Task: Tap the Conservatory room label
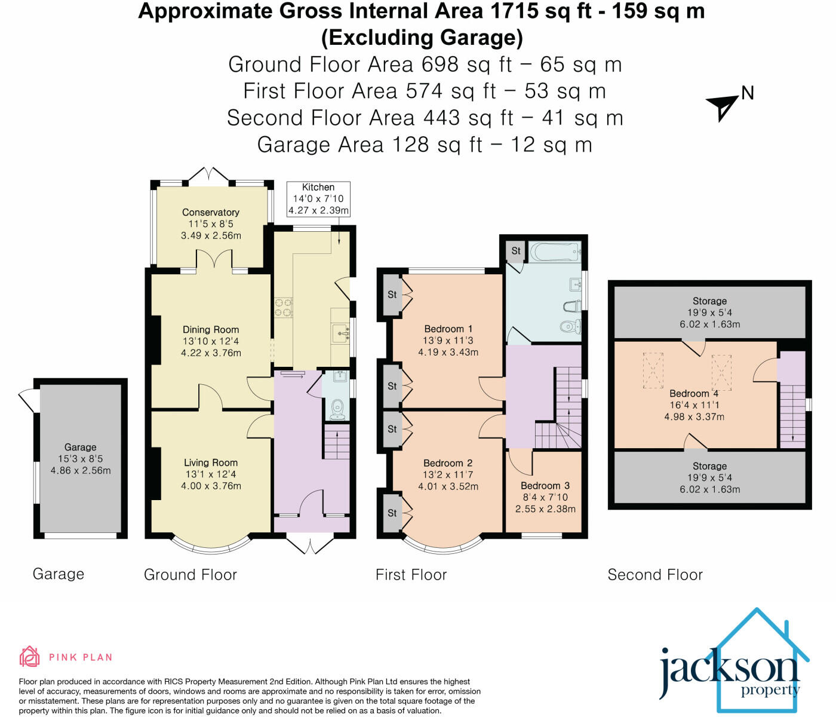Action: [211, 212]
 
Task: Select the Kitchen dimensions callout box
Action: [318, 198]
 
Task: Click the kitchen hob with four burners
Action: [283, 307]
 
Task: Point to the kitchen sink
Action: [341, 332]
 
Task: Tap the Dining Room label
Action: [211, 330]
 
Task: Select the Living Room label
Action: [211, 462]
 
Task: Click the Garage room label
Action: [81, 447]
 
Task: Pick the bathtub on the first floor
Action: [555, 251]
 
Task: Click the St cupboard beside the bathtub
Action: [516, 251]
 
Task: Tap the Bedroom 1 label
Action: [448, 329]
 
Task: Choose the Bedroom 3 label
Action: [545, 486]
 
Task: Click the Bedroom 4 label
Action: [694, 393]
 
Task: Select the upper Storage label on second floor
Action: [709, 301]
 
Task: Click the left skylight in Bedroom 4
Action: [653, 370]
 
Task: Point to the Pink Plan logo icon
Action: [30, 657]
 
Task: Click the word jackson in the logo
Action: [729, 669]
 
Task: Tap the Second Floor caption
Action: [655, 575]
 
